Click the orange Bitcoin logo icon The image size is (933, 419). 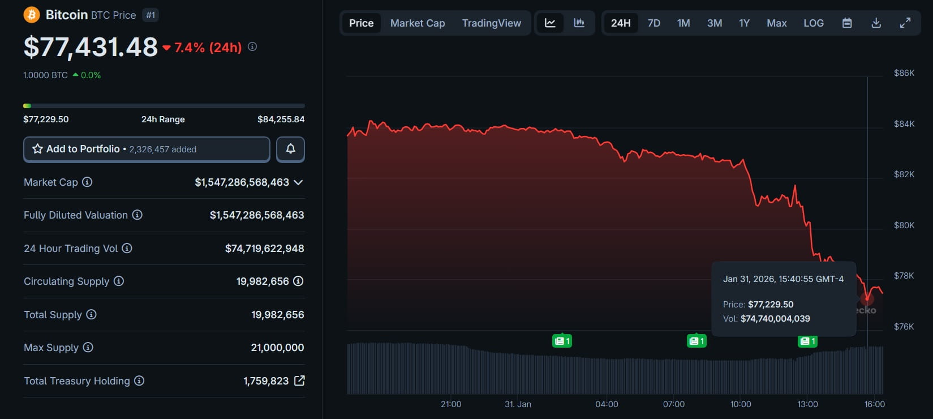pos(32,15)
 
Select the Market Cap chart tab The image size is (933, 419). pos(418,23)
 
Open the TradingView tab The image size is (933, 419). pos(491,23)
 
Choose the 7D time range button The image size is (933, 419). pos(653,23)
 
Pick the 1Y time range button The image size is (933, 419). pos(744,23)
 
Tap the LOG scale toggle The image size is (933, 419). pos(813,23)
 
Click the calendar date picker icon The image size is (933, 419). pos(847,23)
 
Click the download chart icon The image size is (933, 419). pos(876,23)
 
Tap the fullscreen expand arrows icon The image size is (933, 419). pos(905,23)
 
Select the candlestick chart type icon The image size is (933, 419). pos(579,23)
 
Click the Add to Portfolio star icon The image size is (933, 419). pos(38,149)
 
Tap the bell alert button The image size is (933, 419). pos(290,149)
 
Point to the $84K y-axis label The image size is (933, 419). pos(904,124)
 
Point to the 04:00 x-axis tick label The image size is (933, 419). pos(607,404)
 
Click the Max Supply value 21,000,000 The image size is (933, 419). pos(277,348)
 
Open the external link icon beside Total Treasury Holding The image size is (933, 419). pos(299,380)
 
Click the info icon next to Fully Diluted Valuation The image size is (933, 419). pos(137,215)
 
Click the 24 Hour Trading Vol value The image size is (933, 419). pos(264,249)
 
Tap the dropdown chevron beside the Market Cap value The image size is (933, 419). pos(298,182)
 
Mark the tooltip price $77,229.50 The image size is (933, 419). pos(770,305)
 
